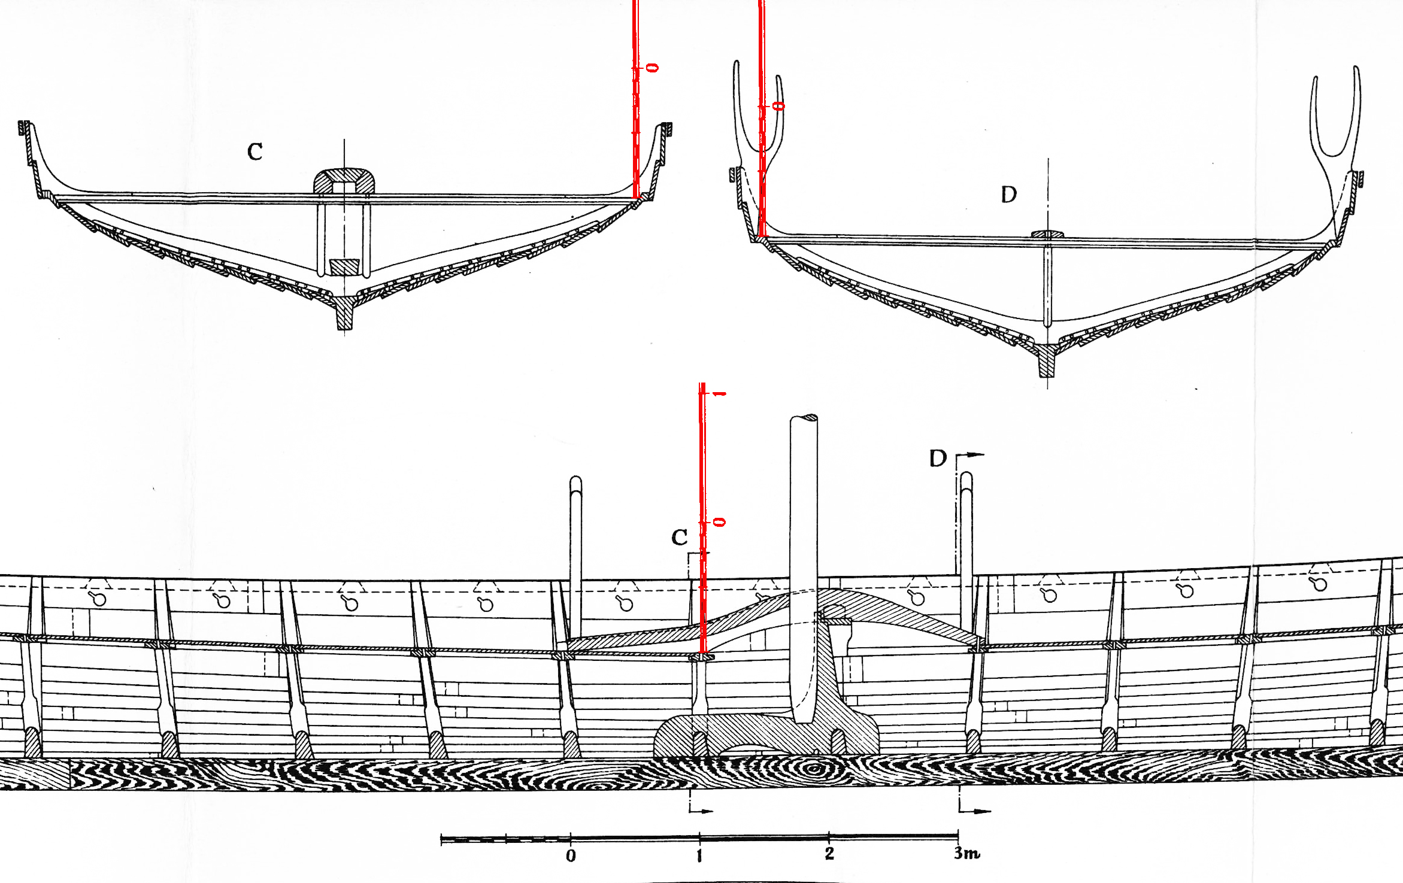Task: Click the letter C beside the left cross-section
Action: point(255,151)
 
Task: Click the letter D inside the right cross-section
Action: point(1009,195)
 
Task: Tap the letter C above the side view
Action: point(679,538)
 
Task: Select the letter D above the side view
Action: point(938,459)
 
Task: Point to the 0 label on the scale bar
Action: point(571,856)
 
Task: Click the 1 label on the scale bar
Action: point(699,856)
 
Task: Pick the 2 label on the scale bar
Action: point(829,854)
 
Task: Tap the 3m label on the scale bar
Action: point(966,853)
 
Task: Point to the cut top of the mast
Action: point(804,418)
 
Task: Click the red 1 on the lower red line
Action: point(719,393)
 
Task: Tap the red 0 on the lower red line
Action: point(720,522)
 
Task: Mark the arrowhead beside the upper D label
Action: point(976,455)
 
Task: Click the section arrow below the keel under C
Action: point(706,811)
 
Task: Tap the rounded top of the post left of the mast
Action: point(575,481)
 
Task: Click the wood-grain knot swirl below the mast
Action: point(813,769)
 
